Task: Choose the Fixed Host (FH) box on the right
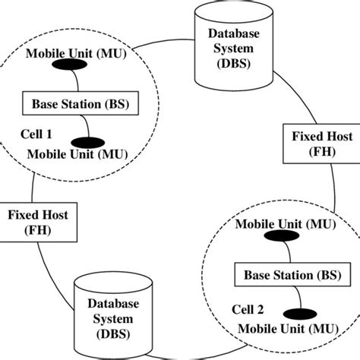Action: tap(311, 144)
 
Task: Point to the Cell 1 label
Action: tap(37, 133)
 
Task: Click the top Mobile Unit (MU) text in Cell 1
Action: tap(66, 55)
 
